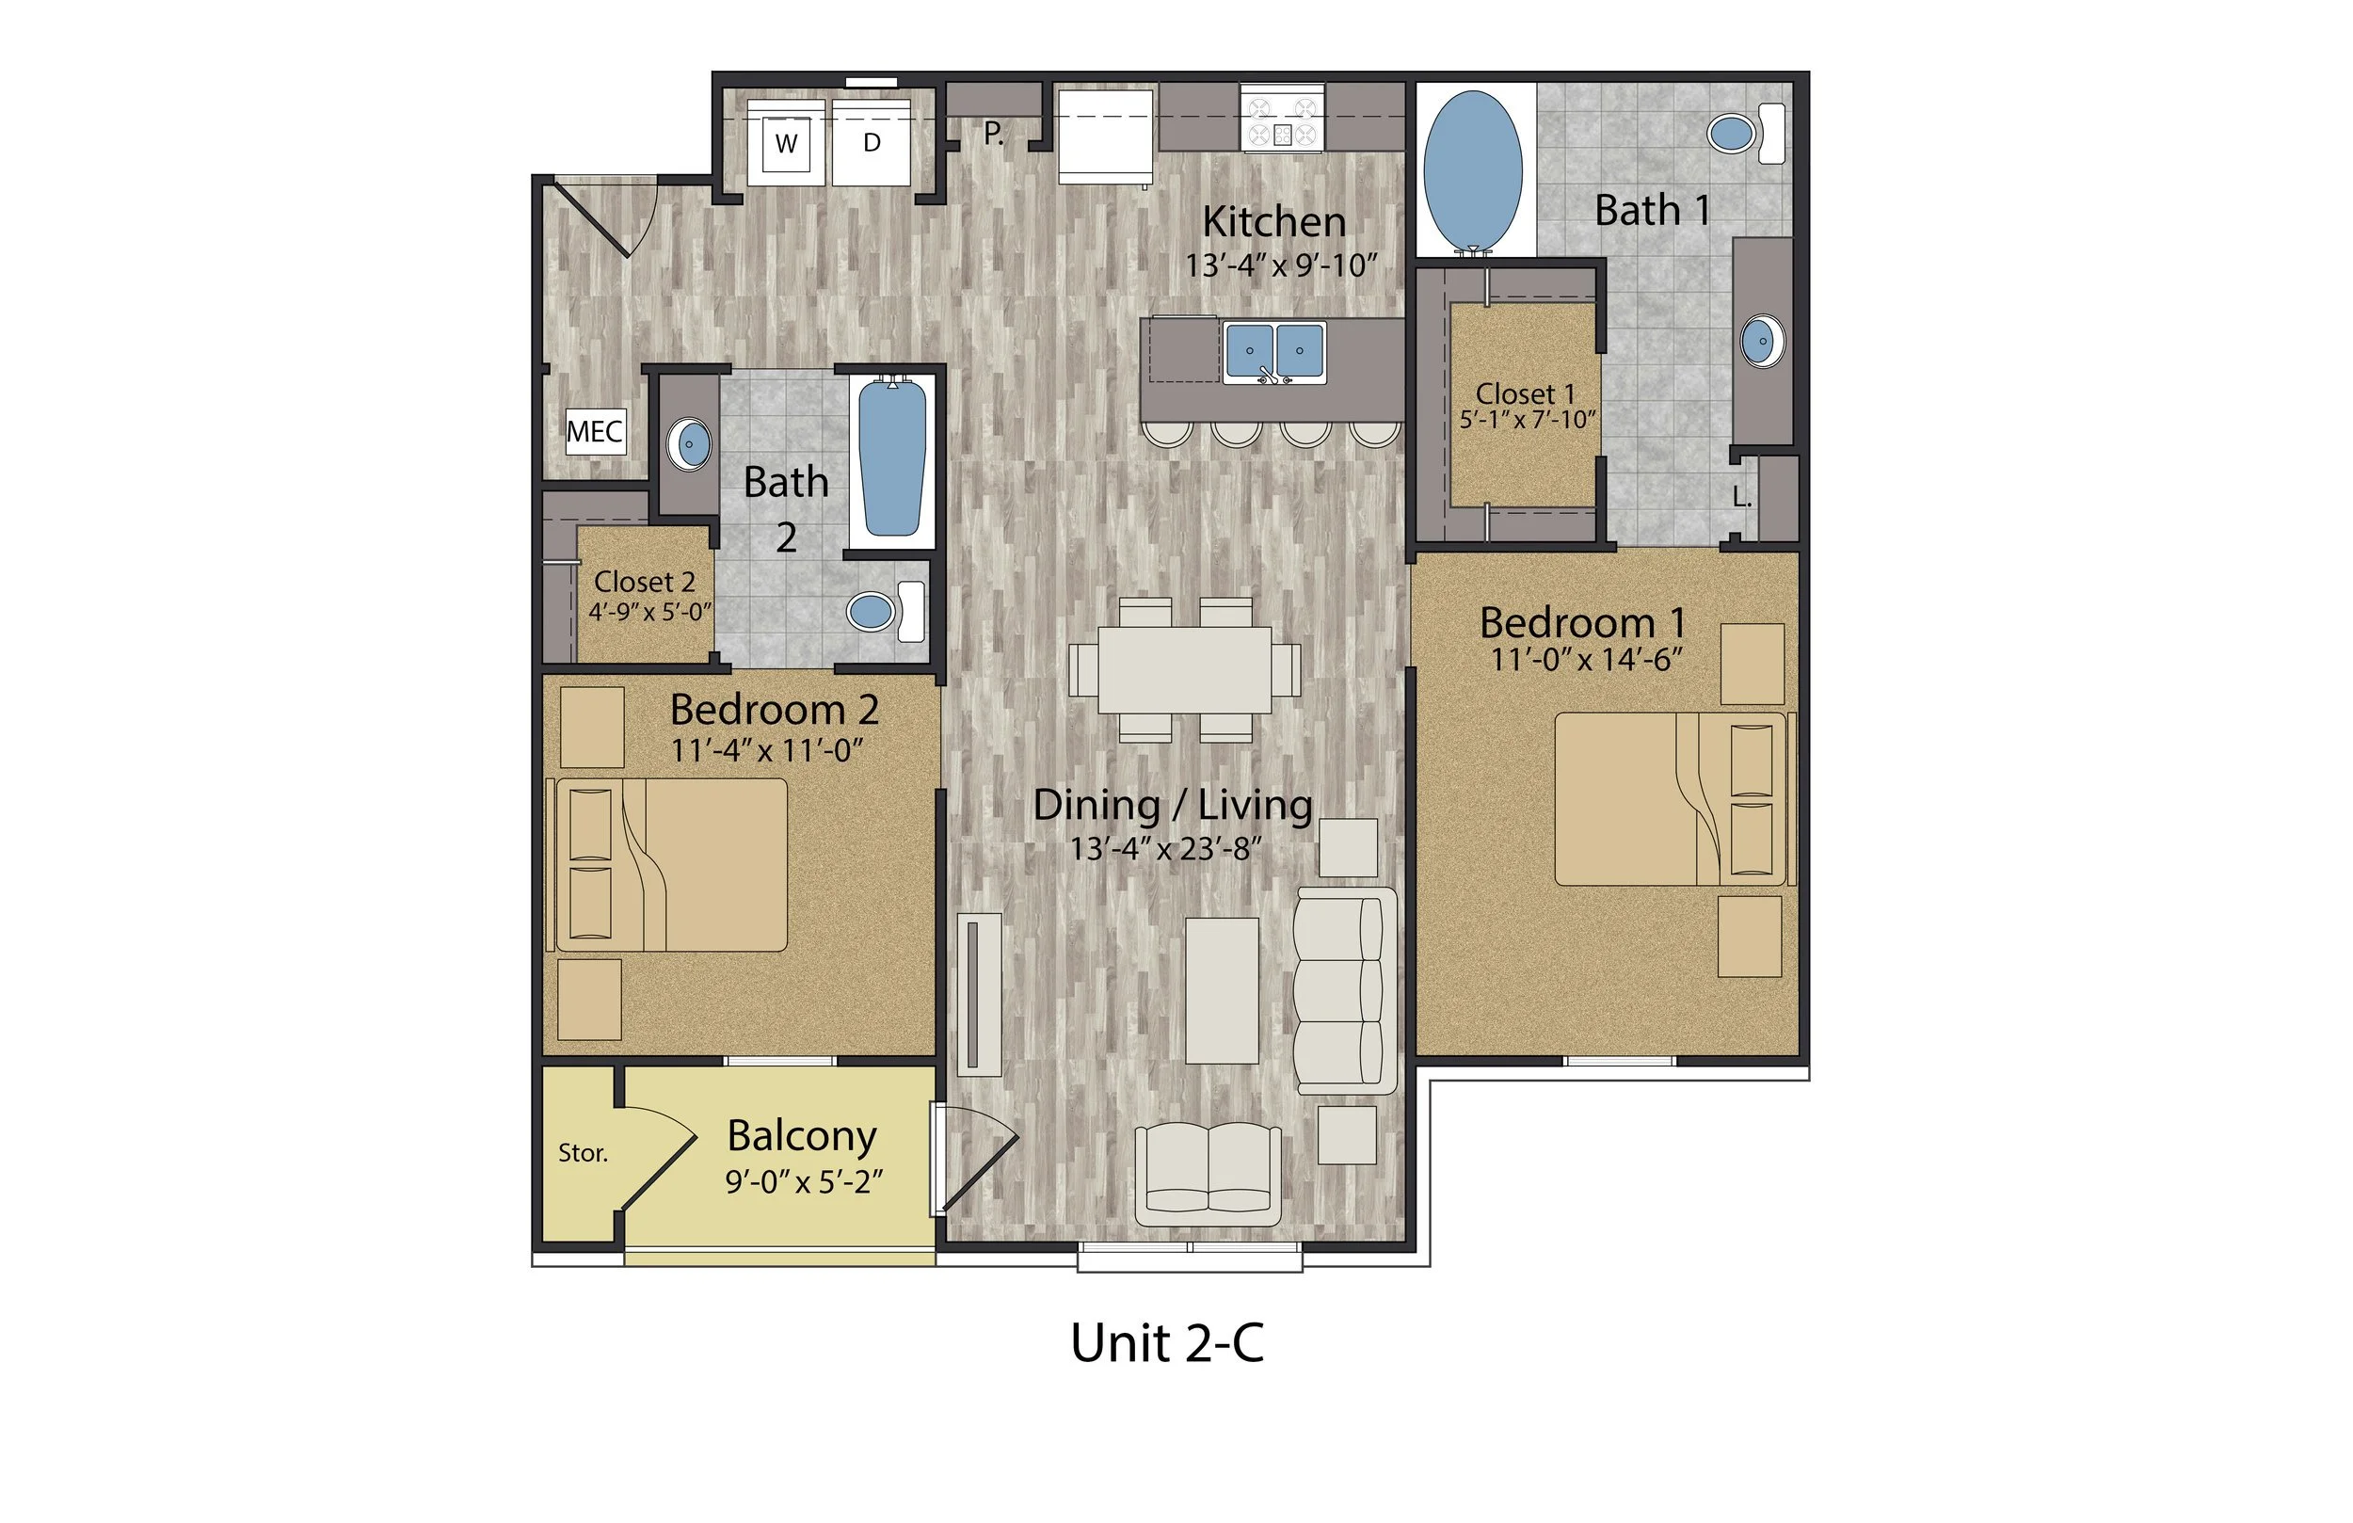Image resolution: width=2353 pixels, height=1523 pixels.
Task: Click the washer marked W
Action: coord(786,142)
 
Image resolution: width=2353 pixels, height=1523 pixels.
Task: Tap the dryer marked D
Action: coord(872,142)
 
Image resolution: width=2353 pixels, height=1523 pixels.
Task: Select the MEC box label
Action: coord(595,432)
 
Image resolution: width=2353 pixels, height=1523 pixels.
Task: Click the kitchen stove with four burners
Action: coord(1282,120)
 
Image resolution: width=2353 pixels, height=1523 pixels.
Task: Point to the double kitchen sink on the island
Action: coord(1274,352)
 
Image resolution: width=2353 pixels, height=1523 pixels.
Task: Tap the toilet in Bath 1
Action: coord(1745,134)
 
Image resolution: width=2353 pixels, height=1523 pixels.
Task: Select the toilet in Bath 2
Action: coord(884,610)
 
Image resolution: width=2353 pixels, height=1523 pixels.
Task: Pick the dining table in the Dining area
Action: coord(1183,668)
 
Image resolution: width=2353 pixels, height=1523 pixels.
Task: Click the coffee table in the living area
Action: coord(1222,990)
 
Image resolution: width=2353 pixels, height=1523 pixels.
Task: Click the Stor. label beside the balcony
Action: coord(583,1153)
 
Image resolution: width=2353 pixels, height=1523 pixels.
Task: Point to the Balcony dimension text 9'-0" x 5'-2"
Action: coord(803,1182)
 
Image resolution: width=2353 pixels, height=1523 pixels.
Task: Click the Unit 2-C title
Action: coord(1166,1343)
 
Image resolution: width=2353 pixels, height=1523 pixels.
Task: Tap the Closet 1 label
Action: coord(1526,393)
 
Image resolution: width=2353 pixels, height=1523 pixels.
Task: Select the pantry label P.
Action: coord(994,134)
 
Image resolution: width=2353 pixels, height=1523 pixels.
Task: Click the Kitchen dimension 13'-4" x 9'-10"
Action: coord(1281,266)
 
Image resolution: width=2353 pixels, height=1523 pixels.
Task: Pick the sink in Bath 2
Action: coord(689,444)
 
